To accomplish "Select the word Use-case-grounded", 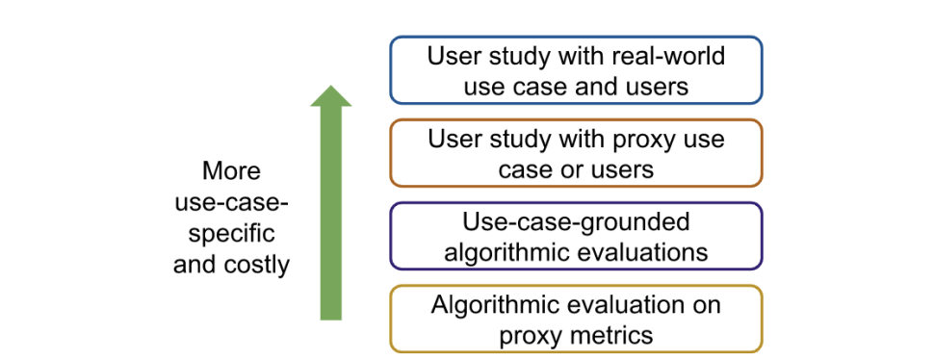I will (x=576, y=223).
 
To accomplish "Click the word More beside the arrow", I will (x=231, y=171).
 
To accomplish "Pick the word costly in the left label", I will (x=255, y=265).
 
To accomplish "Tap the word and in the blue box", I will (x=595, y=87).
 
